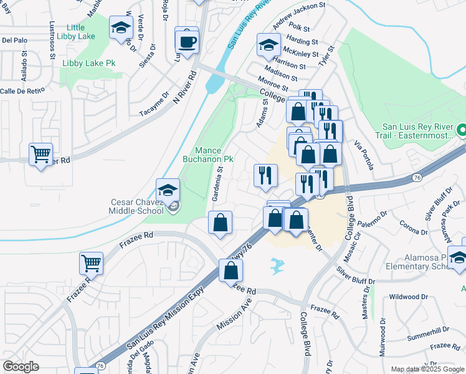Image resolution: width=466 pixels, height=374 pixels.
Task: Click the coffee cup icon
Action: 187,42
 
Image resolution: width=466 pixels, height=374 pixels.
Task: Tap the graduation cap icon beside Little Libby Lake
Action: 121,28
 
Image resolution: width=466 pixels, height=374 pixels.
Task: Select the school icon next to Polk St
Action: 269,46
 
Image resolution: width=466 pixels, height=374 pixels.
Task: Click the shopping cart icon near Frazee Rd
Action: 92,263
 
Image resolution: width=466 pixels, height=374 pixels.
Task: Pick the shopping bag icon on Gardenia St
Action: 220,223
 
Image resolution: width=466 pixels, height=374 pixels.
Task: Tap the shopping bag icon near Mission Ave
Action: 231,271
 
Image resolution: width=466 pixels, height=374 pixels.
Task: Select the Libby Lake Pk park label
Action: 89,64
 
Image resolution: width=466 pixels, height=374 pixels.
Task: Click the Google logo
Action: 21,367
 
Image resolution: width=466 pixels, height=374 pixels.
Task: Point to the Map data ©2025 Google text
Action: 427,369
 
